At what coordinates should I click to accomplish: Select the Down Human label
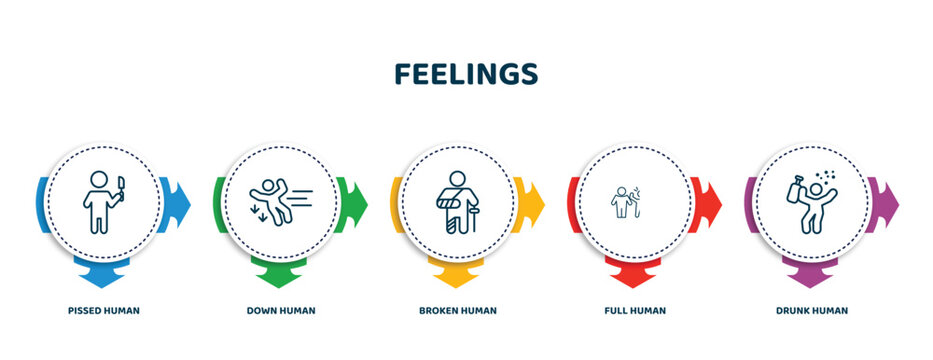[281, 310]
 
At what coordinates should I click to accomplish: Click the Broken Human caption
[458, 310]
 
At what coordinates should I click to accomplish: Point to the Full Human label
[636, 310]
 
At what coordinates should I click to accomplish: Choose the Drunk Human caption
[812, 310]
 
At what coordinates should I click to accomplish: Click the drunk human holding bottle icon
[810, 203]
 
